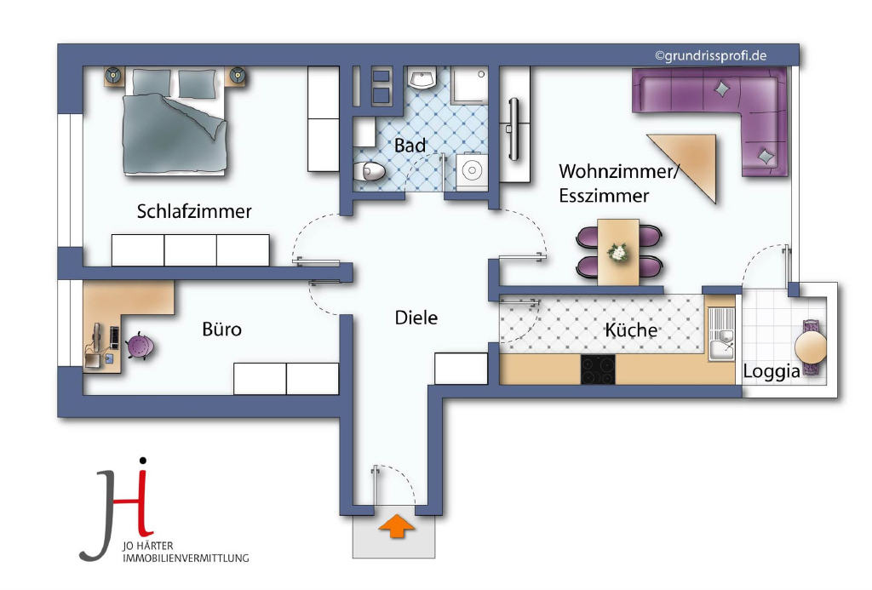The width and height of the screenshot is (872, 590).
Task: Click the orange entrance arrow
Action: coord(397,526)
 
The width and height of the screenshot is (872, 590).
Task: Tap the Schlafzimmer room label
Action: coord(194,211)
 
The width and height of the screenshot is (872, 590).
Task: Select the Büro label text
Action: coord(222,329)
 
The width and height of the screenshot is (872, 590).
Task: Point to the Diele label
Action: coord(416,318)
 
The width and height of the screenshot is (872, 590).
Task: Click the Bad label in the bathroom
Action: coord(410,146)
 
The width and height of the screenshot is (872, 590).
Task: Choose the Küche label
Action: coord(631,329)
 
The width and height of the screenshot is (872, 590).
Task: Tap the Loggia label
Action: coord(772,371)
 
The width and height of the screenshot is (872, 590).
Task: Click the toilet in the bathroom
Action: coord(370,171)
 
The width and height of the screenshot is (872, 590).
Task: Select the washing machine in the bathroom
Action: coord(472,170)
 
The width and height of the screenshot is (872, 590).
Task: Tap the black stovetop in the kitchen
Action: coord(598,369)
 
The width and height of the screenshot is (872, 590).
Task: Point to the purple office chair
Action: coord(139,347)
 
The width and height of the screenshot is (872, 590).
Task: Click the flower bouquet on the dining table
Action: coord(618,253)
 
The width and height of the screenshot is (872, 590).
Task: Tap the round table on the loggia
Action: coord(811,347)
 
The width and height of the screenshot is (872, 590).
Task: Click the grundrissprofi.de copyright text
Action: coord(710,55)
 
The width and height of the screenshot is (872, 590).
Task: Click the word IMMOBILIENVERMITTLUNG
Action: coord(186,558)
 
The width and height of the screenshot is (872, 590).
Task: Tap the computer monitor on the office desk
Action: coord(97,337)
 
